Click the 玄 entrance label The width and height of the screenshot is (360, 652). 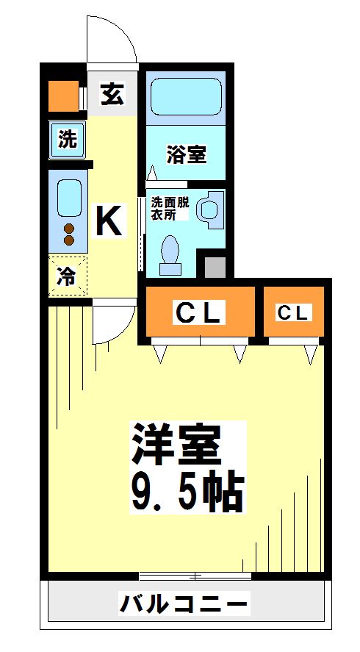pos(112,95)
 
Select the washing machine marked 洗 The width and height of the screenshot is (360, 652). pos(68,140)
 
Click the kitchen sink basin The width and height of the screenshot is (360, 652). pos(69,196)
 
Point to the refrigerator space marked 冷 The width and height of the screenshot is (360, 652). pos(68,276)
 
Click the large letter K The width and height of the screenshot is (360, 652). pos(109,221)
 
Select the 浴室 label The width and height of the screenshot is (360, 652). pos(186,154)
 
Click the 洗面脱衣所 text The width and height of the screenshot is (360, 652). pos(170,209)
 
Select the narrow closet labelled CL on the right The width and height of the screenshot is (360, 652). pos(292,313)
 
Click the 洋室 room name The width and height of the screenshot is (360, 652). pos(175,443)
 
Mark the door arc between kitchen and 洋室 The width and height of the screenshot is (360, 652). pos(114,326)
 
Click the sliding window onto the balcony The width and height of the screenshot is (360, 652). pos(195,576)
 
